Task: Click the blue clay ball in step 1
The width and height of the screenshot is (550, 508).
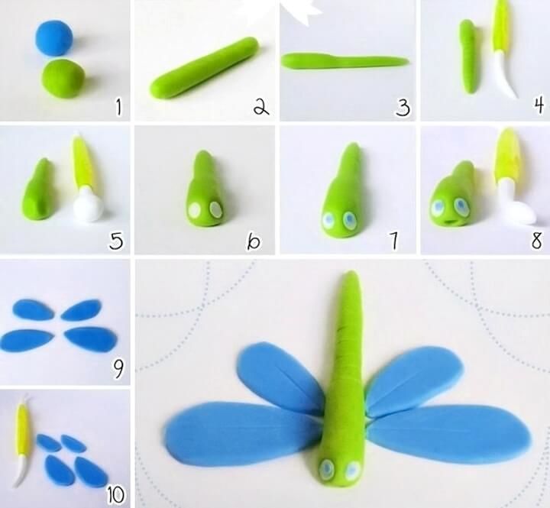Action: [54, 38]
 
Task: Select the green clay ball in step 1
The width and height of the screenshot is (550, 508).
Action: [64, 78]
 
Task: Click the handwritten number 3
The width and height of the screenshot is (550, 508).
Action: [403, 108]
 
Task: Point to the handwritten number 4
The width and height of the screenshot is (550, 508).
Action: [539, 105]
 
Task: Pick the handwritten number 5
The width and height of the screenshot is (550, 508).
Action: [116, 241]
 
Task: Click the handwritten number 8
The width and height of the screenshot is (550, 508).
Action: [537, 241]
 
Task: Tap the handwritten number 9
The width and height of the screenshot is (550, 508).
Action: [118, 370]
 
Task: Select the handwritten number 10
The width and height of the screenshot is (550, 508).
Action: [116, 495]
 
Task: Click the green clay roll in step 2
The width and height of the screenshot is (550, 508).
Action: [205, 67]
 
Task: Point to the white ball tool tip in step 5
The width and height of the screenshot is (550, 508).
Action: [89, 208]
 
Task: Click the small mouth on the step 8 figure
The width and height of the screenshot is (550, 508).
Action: [449, 222]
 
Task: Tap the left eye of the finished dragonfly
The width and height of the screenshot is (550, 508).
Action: [327, 468]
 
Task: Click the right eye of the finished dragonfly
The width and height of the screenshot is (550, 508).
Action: [352, 469]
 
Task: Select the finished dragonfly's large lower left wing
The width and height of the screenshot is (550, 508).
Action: [244, 434]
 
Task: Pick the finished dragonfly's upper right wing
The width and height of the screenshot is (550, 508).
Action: [414, 378]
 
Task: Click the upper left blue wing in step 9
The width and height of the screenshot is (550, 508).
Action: [34, 309]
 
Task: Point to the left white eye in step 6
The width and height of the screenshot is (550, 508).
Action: [194, 210]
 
